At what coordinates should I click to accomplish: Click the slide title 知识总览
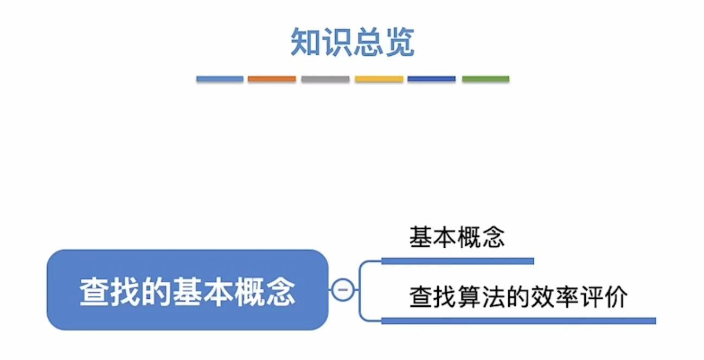352,43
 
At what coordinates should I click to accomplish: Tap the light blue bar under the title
220,79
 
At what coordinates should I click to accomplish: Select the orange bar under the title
272,79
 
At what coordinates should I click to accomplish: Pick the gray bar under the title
325,79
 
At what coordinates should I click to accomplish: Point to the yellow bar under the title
379,79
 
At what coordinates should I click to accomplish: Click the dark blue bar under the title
432,79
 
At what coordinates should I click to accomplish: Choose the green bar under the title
485,79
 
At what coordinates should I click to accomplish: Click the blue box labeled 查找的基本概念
188,290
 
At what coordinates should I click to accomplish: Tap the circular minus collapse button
342,290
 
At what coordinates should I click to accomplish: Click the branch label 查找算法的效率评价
519,297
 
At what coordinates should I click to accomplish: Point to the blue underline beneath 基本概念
458,261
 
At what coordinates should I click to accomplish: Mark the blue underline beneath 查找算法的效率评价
519,321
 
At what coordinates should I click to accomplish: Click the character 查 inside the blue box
94,292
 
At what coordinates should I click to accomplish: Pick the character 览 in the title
400,43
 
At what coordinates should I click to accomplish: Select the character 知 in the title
304,43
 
